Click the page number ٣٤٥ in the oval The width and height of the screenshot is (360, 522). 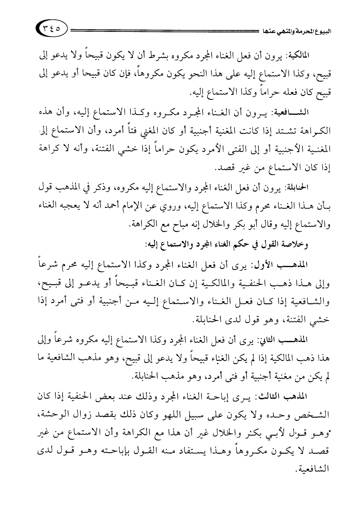click(52, 28)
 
